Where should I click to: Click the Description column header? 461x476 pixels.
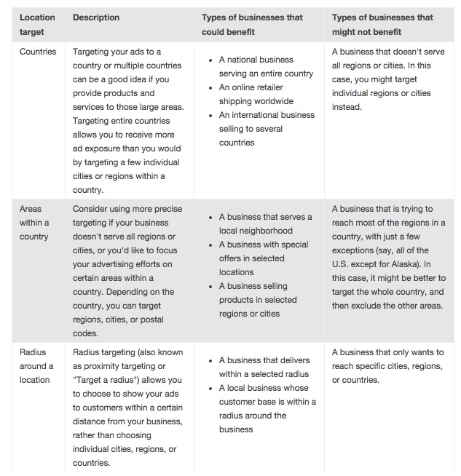click(x=96, y=17)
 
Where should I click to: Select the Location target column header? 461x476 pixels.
click(x=37, y=25)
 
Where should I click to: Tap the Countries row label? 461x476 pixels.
click(x=38, y=52)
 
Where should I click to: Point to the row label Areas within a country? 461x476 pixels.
click(x=35, y=223)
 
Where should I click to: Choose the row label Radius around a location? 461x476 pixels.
click(x=36, y=366)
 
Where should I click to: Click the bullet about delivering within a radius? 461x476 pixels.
click(x=264, y=367)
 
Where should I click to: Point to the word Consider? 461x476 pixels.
click(x=92, y=209)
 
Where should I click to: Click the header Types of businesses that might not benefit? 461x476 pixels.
click(x=382, y=25)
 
